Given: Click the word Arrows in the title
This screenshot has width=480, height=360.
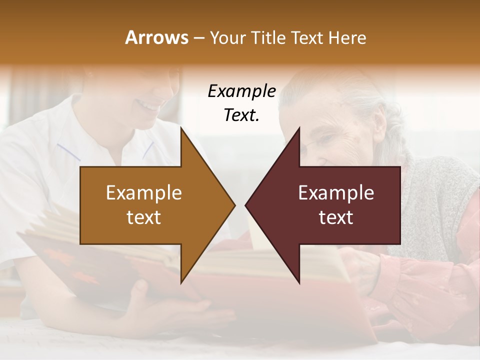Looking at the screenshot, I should (x=157, y=37).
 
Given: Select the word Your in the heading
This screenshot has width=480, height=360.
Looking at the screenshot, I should (x=227, y=38).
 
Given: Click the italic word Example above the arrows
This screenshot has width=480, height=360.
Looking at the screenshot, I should (x=241, y=91).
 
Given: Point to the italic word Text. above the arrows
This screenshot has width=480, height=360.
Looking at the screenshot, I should (x=241, y=115).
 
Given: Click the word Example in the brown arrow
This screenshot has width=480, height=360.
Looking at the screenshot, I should (x=143, y=192).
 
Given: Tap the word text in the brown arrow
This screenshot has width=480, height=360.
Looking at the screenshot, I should (x=143, y=217).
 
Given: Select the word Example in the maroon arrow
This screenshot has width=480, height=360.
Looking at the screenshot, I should (x=336, y=192).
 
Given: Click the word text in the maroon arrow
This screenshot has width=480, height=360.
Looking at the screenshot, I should (x=336, y=217).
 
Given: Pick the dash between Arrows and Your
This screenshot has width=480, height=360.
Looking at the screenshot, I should (x=198, y=38).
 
